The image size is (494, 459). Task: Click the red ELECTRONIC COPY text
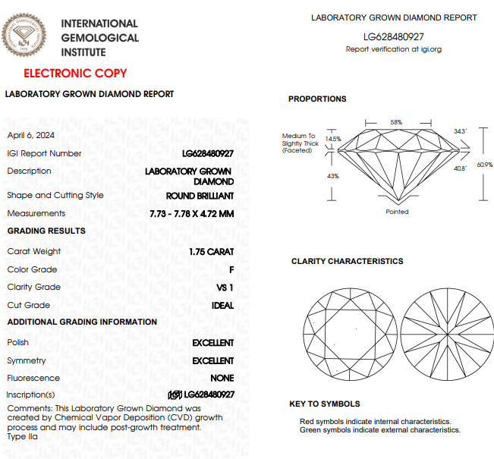pos(75,74)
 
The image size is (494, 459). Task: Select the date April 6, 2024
pos(31,136)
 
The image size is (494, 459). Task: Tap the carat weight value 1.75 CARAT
pos(212,252)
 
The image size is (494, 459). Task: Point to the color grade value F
pos(231,269)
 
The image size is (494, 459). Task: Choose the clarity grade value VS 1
pos(225,288)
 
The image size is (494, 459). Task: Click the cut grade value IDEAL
pos(222,306)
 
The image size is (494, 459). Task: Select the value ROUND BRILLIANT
pos(200,196)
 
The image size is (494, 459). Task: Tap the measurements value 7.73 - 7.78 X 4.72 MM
pos(192,214)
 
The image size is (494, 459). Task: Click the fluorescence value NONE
pos(222,379)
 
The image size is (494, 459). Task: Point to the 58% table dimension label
pos(396,122)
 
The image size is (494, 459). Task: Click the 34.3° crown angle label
pos(460,131)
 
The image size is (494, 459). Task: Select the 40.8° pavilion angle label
pos(460,168)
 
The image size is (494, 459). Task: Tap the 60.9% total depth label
pos(485,165)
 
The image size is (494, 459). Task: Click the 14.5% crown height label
pos(333,140)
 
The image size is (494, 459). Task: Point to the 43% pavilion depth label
pos(332,176)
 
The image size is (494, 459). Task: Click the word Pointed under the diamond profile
pos(397,212)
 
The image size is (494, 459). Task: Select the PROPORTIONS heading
pos(317,99)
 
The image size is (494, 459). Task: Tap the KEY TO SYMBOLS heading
pos(325,404)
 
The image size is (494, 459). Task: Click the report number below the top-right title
pos(394,36)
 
